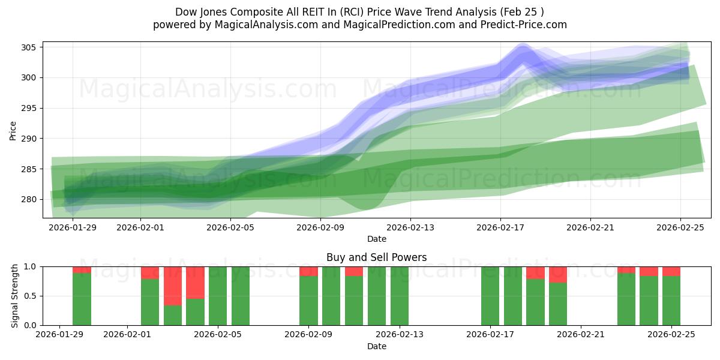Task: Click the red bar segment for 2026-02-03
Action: coord(173,286)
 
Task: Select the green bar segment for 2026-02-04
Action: coord(196,311)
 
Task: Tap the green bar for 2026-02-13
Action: coord(400,296)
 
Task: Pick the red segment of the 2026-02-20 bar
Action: coord(558,275)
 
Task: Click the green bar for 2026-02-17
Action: coord(490,296)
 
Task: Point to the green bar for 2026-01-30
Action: coord(82,299)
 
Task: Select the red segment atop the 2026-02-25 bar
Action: coord(671,271)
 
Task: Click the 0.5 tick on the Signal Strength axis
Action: coord(30,296)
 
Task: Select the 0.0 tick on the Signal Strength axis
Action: coord(30,325)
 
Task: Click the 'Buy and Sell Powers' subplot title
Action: coord(377,257)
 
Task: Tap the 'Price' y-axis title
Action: coord(13,130)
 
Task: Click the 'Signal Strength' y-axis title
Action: coord(15,296)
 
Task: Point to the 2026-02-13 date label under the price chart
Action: coord(410,227)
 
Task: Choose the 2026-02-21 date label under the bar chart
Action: coord(581,334)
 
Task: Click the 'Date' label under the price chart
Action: coord(377,239)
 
